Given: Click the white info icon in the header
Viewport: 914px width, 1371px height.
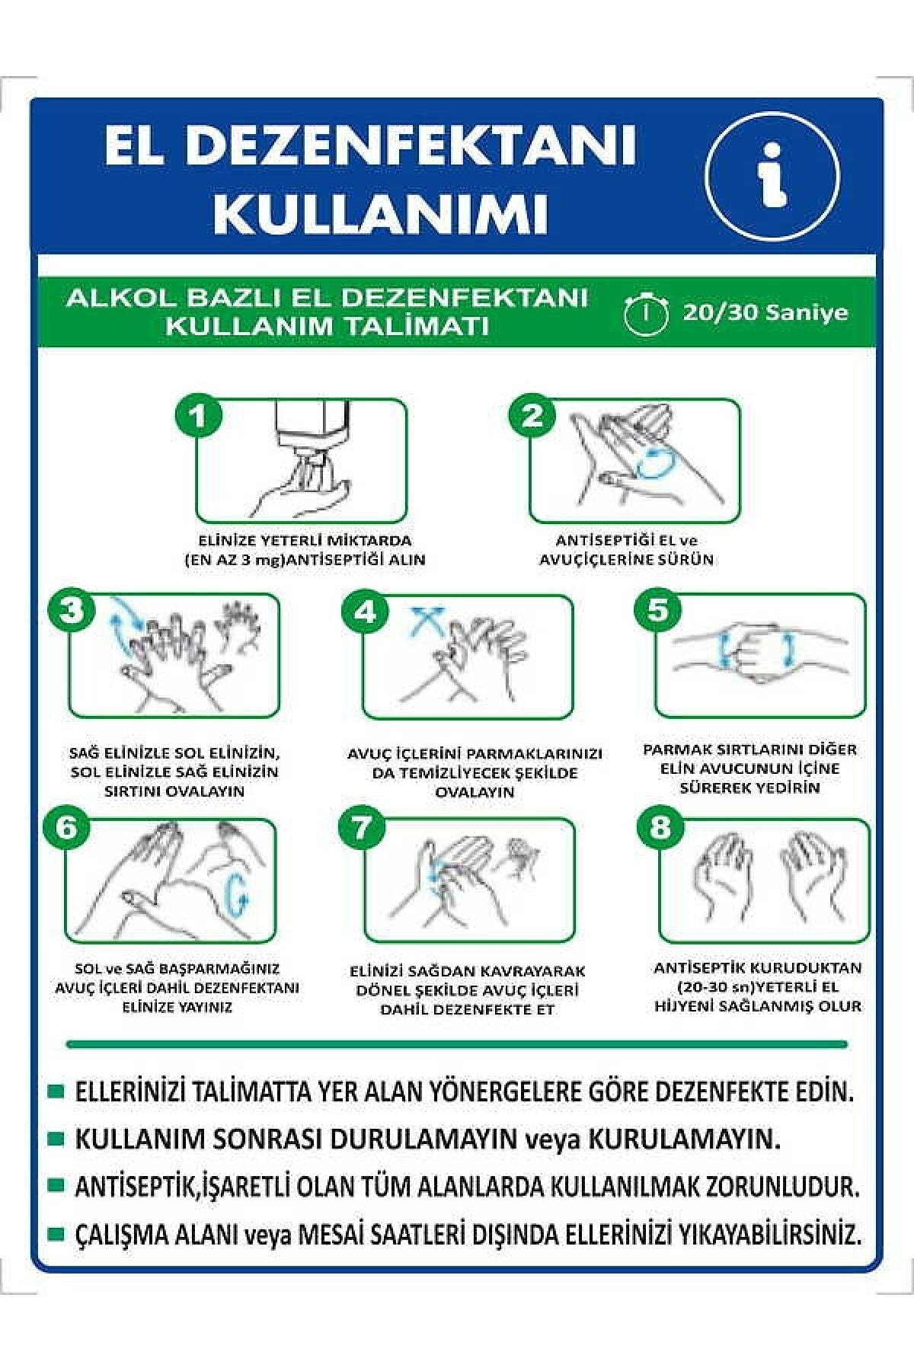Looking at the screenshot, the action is [772, 176].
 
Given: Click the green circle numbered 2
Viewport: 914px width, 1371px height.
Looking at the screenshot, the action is [532, 416].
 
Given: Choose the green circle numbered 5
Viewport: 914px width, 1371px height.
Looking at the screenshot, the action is [657, 611].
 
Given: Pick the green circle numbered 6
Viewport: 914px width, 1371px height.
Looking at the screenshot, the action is [67, 828].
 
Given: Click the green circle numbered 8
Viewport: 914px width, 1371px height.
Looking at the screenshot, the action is [660, 828].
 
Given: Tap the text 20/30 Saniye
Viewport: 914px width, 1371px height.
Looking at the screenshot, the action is [765, 312].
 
